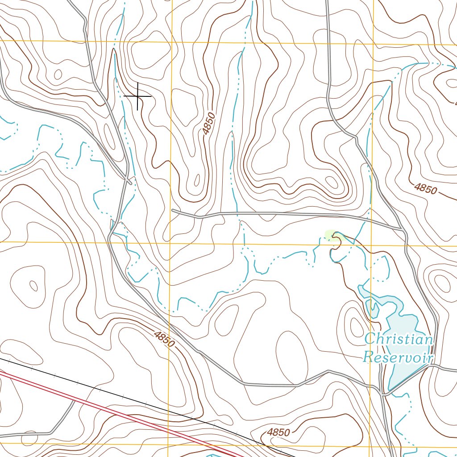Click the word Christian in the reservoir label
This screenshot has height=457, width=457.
pos(398,339)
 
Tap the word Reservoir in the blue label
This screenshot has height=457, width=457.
pos(398,357)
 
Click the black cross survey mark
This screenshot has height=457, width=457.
pos(137,96)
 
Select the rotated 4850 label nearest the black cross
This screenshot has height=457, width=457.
pos(208,124)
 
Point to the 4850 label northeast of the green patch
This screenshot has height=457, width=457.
pos(425,188)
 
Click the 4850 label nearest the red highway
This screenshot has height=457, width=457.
pos(278,432)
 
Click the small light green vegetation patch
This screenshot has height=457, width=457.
pos(331,234)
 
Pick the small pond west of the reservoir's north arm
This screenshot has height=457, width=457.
pos(373,308)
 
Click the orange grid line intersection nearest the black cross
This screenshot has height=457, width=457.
pos(171,42)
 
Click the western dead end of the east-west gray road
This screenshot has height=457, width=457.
pos(173,210)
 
